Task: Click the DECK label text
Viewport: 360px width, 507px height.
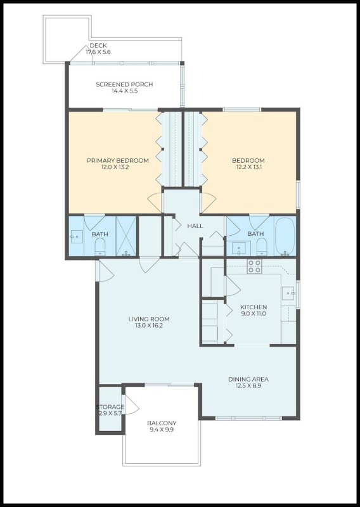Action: (x=98, y=46)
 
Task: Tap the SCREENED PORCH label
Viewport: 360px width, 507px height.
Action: (x=124, y=84)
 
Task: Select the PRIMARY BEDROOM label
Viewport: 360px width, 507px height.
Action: (x=118, y=160)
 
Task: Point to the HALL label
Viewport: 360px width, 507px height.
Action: (x=195, y=226)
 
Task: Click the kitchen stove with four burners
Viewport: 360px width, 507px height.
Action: (x=255, y=266)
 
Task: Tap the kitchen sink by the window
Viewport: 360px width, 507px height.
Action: (x=289, y=293)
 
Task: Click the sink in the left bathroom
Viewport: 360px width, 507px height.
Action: (x=76, y=237)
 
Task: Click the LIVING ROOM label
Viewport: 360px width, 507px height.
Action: (x=149, y=319)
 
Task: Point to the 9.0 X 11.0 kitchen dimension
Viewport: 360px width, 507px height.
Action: (x=253, y=314)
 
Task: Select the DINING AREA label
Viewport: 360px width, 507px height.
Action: (x=248, y=380)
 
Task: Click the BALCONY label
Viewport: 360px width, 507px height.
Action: (x=162, y=423)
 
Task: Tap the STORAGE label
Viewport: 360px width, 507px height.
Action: (x=110, y=406)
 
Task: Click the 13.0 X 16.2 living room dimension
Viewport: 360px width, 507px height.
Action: (x=149, y=326)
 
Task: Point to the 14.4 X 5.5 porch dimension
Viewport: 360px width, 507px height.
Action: (x=124, y=91)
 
